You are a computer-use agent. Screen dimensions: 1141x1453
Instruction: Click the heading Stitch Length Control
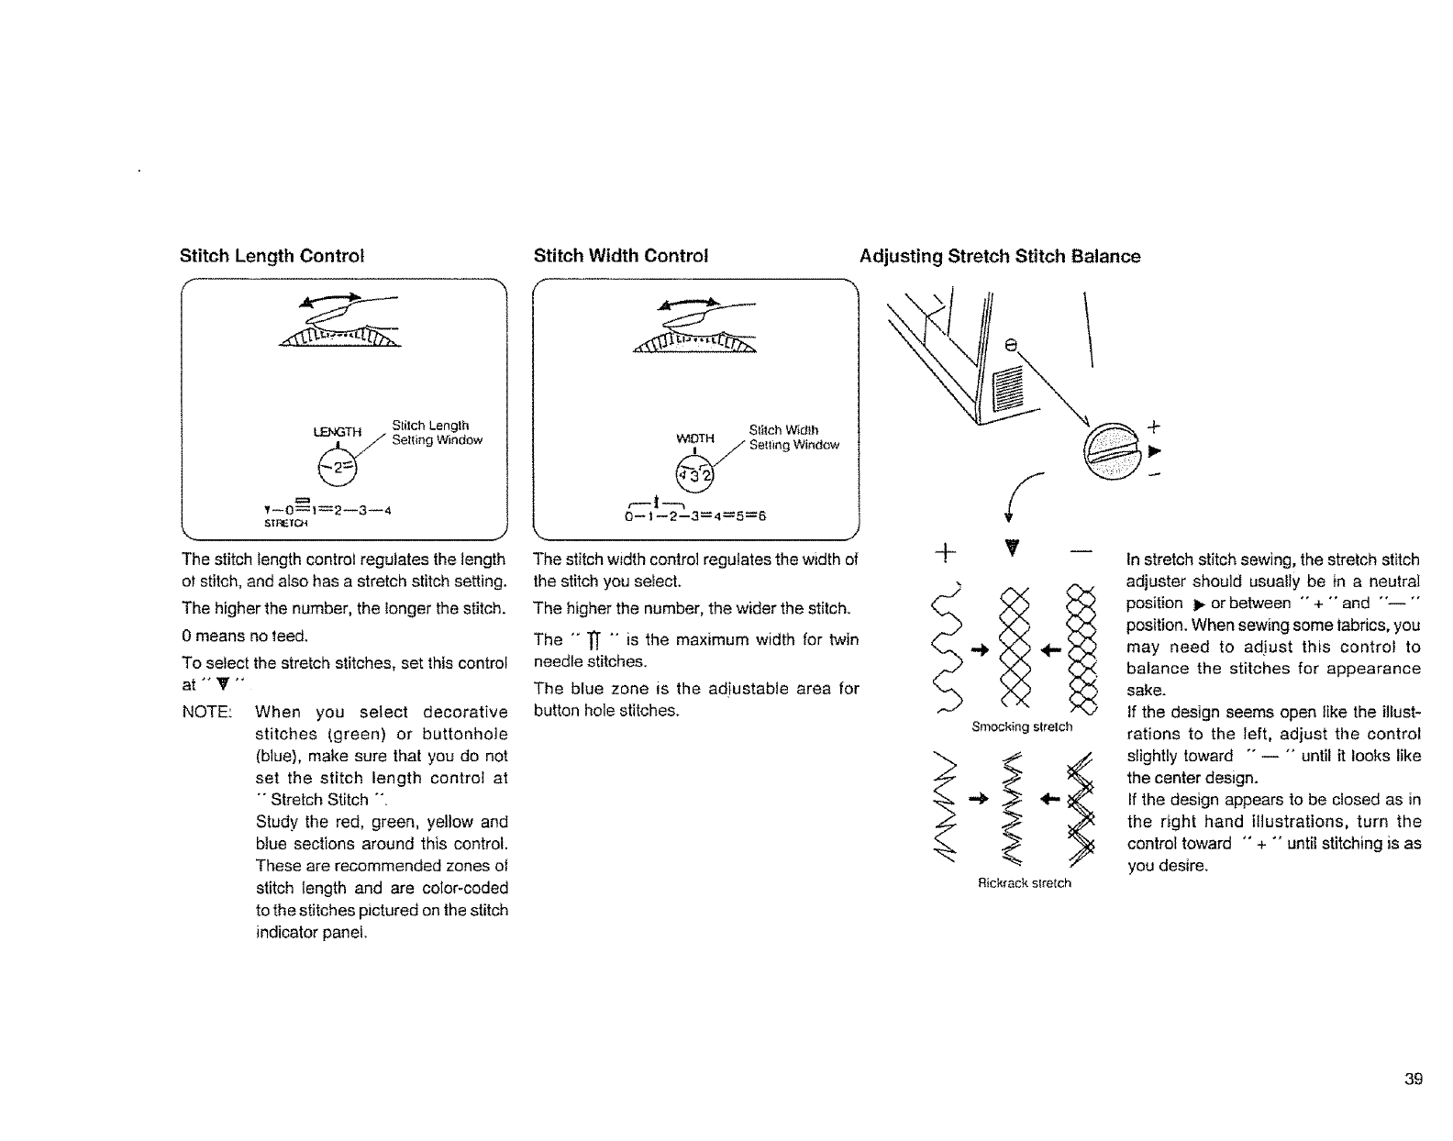point(272,256)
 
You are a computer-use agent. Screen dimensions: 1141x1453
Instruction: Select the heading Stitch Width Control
point(621,256)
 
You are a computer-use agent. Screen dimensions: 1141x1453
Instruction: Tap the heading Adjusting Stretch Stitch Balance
point(1000,257)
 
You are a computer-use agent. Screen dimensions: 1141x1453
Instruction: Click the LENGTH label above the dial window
point(338,432)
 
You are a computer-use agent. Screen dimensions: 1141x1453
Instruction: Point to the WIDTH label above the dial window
point(694,438)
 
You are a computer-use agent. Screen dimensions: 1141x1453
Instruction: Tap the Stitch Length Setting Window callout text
point(436,433)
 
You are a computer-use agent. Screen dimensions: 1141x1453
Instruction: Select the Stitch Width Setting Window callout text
point(793,438)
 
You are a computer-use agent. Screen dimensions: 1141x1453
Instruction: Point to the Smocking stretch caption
point(1022,727)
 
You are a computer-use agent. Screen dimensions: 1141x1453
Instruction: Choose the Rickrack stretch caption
point(1024,883)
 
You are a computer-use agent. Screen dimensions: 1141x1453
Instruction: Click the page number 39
point(1413,1079)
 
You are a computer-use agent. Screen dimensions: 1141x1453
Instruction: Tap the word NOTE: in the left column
point(206,713)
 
